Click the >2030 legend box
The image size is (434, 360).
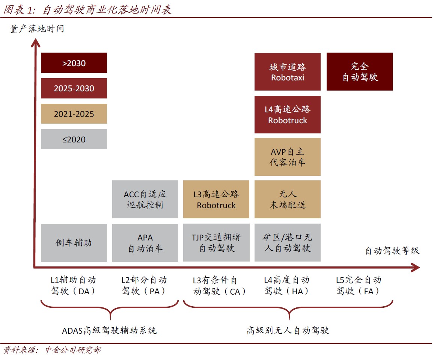(x=74, y=63)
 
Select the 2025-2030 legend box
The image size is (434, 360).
(x=74, y=88)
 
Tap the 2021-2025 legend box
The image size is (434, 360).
(x=74, y=113)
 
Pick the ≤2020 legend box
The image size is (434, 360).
(x=74, y=139)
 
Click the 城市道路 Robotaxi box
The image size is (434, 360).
(x=288, y=72)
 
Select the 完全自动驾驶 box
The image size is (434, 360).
(x=360, y=71)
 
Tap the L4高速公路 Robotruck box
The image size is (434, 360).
(x=288, y=115)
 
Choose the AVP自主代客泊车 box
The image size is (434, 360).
(x=288, y=157)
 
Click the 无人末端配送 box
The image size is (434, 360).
(x=288, y=199)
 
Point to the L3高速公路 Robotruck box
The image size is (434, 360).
(x=216, y=199)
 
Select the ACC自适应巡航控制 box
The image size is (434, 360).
(x=145, y=199)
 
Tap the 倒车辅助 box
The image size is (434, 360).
(x=74, y=243)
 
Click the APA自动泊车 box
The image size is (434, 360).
(x=145, y=243)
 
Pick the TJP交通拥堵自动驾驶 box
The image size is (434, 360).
(x=217, y=242)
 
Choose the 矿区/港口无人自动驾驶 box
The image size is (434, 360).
(x=288, y=242)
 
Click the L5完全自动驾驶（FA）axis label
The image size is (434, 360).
(x=359, y=286)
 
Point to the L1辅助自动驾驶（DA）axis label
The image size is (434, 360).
(x=73, y=286)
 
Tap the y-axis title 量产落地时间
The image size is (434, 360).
(x=37, y=29)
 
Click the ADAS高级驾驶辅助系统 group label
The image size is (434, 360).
(x=109, y=330)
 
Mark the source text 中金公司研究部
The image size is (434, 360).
(x=73, y=350)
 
